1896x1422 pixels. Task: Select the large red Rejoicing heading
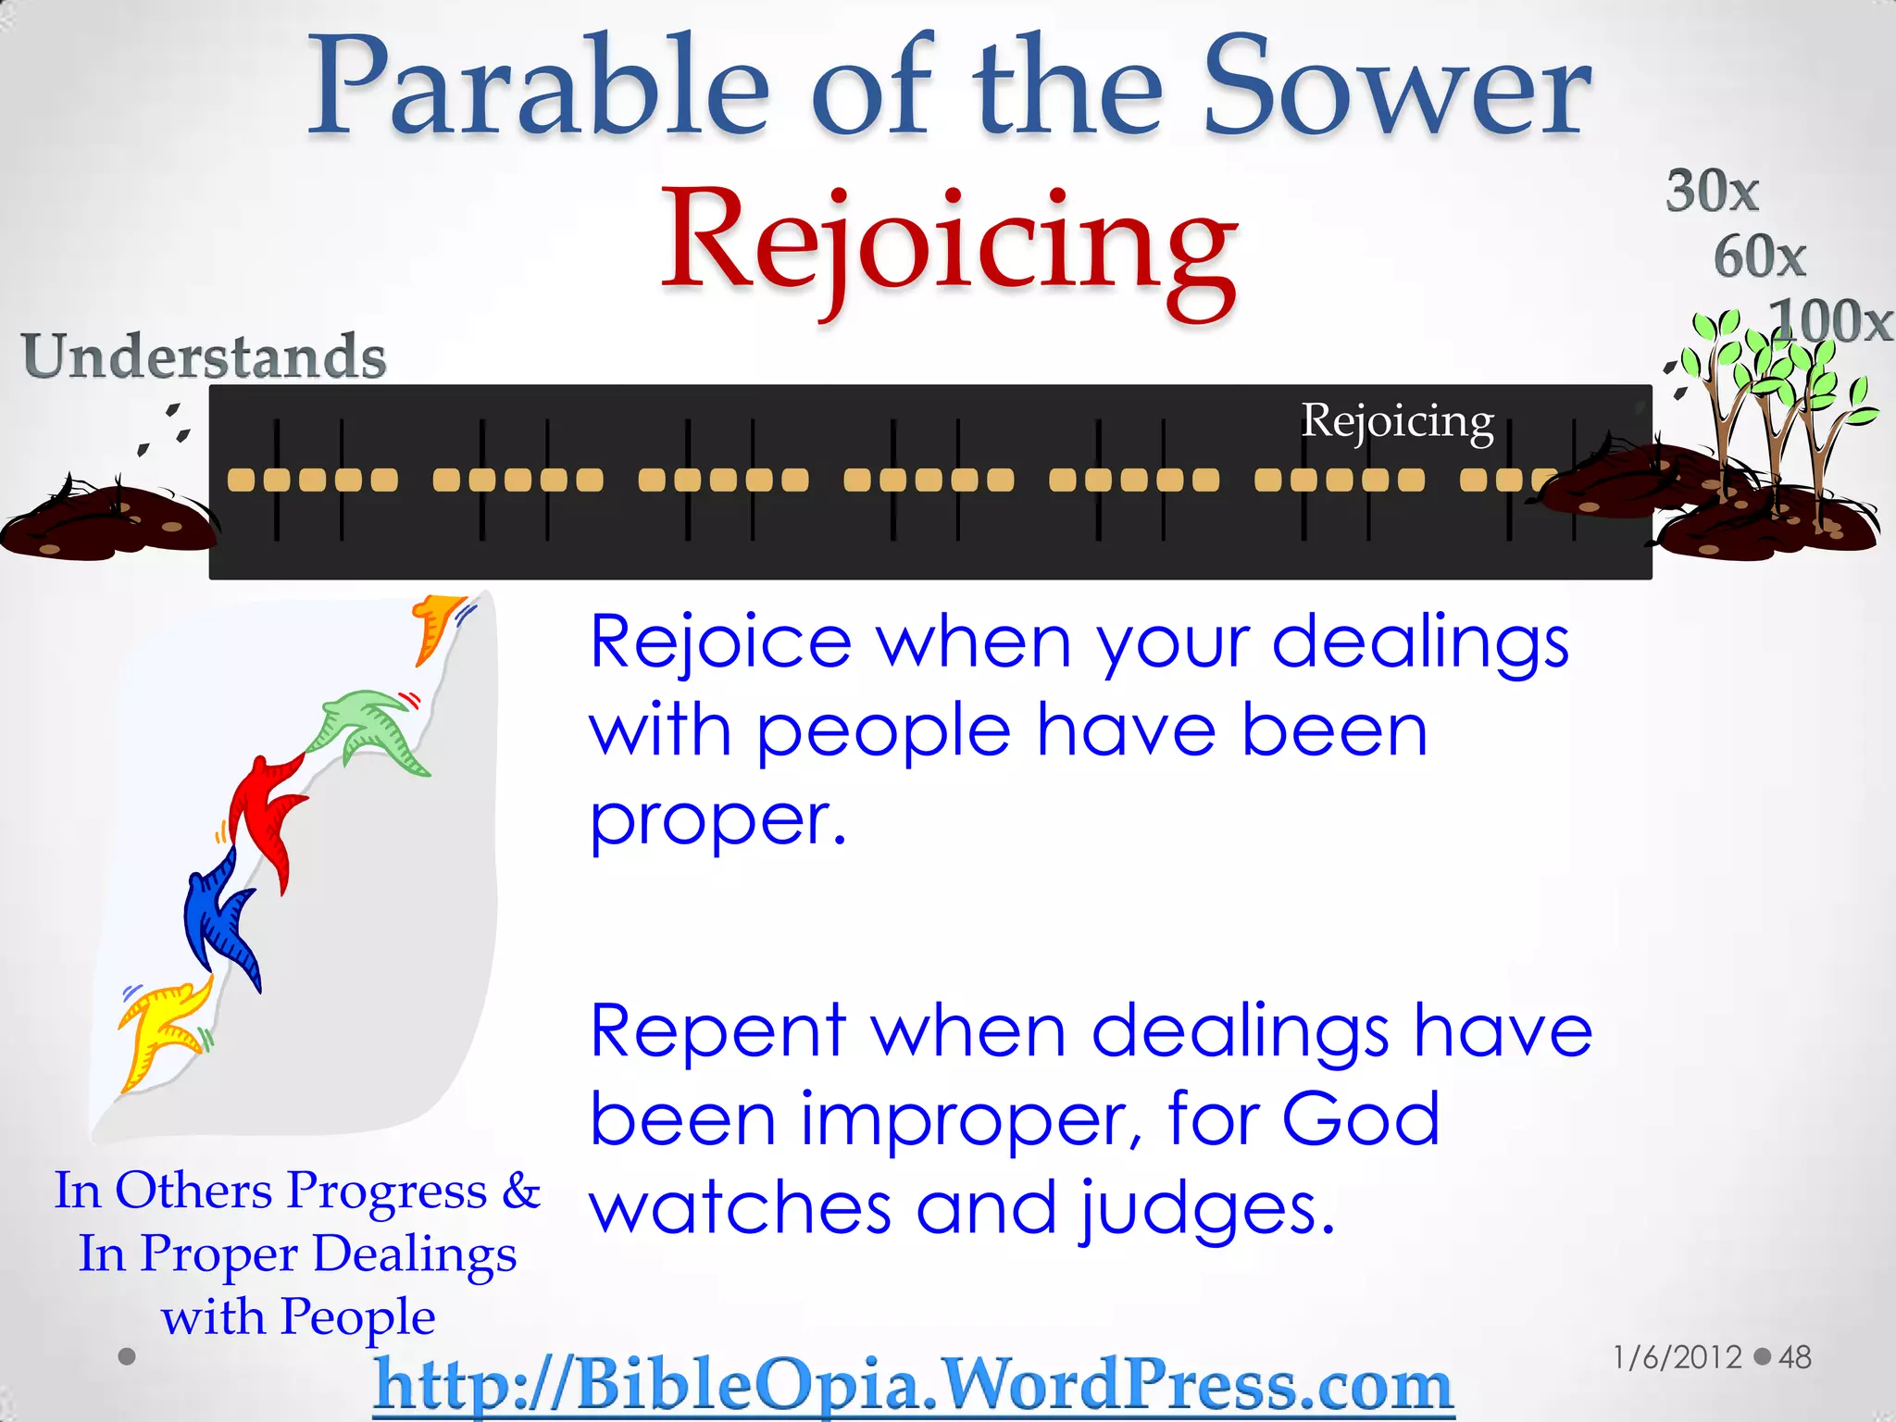click(x=948, y=245)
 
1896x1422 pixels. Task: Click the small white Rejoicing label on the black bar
click(x=1397, y=421)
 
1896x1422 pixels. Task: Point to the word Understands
click(x=204, y=355)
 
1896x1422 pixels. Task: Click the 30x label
click(x=1712, y=192)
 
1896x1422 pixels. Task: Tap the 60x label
click(x=1759, y=256)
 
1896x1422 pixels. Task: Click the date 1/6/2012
click(x=1677, y=1357)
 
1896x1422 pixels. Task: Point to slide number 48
click(x=1795, y=1357)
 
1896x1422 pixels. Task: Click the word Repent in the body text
click(x=717, y=1031)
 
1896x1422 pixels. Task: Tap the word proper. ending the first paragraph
click(x=717, y=820)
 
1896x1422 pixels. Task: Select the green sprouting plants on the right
click(x=1773, y=389)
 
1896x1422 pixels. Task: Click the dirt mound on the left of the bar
click(x=106, y=523)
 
